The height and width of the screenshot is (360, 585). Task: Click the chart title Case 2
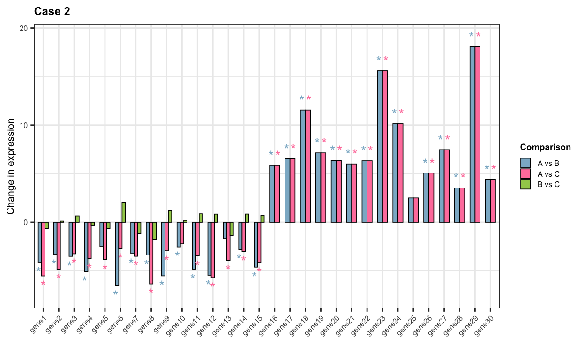coord(52,12)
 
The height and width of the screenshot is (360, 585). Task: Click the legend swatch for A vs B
coord(525,163)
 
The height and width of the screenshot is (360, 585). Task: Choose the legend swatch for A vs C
coord(525,174)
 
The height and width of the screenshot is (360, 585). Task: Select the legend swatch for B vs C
coord(525,184)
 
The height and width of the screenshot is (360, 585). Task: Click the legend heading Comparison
coord(545,147)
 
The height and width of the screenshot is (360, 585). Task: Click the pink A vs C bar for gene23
coord(385,146)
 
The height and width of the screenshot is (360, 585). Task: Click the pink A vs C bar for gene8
coord(151,253)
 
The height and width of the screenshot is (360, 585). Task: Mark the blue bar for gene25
coord(411,210)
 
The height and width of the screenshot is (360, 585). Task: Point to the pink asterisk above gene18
coord(308,98)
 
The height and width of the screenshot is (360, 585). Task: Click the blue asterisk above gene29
coord(472,35)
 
